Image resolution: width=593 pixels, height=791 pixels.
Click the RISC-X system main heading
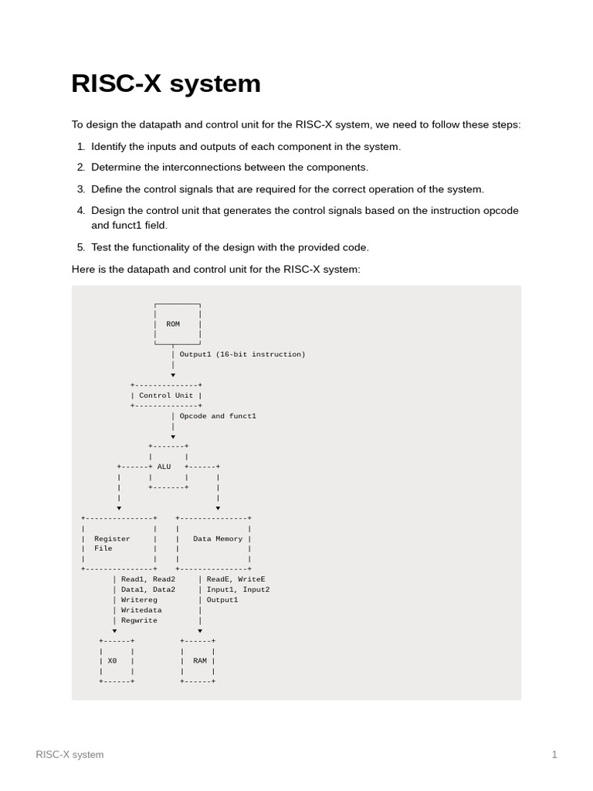(x=165, y=83)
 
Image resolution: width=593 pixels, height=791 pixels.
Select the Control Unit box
(x=166, y=395)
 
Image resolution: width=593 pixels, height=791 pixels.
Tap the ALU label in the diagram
(x=164, y=467)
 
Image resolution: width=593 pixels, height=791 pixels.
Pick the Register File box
(x=118, y=543)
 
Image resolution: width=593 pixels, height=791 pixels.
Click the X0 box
(x=116, y=661)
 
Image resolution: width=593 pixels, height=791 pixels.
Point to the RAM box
(x=198, y=661)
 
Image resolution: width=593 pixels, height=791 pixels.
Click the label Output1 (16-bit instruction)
(x=242, y=355)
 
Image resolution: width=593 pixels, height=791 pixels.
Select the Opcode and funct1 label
(x=218, y=416)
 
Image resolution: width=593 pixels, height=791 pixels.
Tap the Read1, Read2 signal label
(x=148, y=579)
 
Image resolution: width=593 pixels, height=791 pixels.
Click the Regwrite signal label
(x=139, y=620)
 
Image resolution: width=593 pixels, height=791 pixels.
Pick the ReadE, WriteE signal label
(x=236, y=579)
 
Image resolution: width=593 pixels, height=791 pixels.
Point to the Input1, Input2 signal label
(x=238, y=589)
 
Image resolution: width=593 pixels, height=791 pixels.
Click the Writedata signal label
(x=141, y=610)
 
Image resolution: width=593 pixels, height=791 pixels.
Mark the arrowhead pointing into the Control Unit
(x=173, y=375)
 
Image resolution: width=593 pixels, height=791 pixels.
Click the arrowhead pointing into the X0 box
(x=115, y=631)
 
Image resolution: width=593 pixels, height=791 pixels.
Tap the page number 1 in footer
(x=554, y=755)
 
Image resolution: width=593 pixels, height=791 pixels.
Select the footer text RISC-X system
(x=69, y=755)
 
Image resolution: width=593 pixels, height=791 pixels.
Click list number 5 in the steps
(x=81, y=247)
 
